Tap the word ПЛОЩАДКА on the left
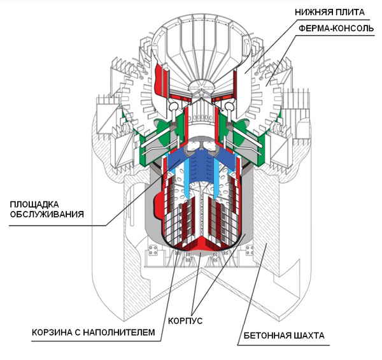[x=36, y=204]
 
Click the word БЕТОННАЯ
[x=268, y=336]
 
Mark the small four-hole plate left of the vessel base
[x=153, y=248]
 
